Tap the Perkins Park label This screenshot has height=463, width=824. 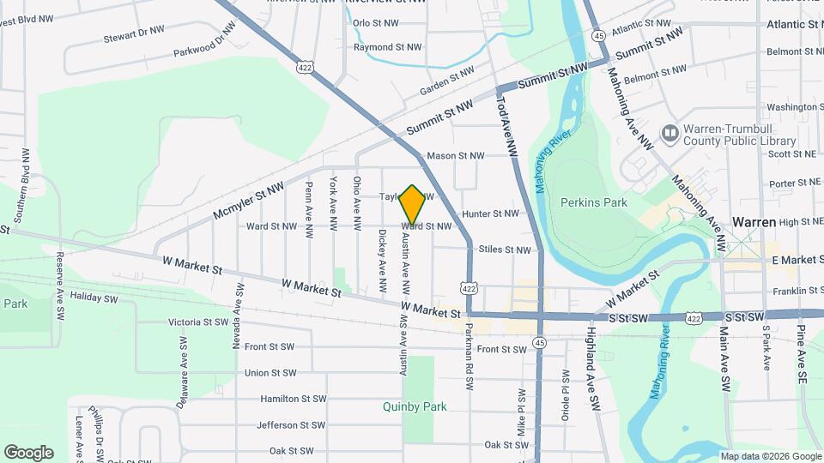click(593, 203)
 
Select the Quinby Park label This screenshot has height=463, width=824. click(415, 407)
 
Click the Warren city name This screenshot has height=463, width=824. click(754, 222)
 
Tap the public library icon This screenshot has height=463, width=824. click(669, 133)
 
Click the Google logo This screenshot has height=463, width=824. click(28, 452)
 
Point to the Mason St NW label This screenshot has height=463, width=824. click(456, 156)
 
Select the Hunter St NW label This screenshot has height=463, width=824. click(490, 213)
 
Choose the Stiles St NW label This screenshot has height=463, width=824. click(505, 250)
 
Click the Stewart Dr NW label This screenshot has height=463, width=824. click(133, 34)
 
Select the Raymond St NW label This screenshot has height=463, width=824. click(388, 47)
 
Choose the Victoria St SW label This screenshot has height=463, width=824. click(198, 323)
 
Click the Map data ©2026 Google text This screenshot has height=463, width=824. click(770, 455)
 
